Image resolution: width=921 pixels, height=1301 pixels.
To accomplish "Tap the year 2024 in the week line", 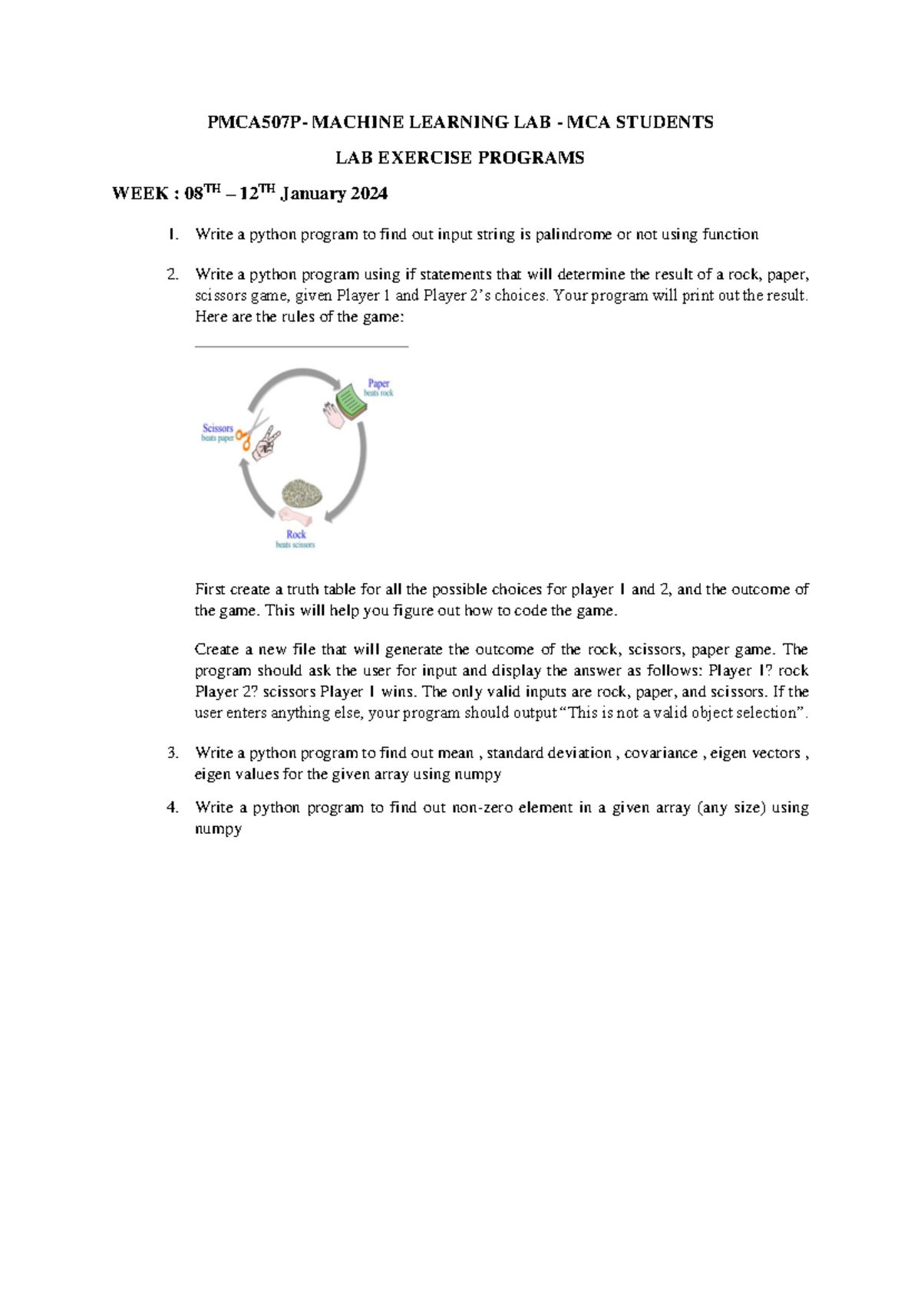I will [x=368, y=193].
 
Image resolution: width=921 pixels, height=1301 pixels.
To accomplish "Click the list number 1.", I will [x=173, y=235].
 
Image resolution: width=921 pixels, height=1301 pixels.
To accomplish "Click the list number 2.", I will [x=173, y=275].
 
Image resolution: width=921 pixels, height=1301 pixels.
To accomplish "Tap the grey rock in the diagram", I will [x=302, y=492].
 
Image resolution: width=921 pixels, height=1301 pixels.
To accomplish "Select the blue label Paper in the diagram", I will [x=378, y=383].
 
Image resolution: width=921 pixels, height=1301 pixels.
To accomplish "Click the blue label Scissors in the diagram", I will [x=218, y=428].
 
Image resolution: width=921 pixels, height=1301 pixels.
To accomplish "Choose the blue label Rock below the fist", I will [x=295, y=534].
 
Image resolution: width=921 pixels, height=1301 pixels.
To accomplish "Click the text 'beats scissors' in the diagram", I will [x=295, y=545].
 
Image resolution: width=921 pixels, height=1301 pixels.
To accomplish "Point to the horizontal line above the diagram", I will [x=302, y=347].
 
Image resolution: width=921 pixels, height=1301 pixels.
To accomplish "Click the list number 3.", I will [x=173, y=753].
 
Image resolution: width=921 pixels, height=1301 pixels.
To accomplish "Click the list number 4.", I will [x=173, y=808].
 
